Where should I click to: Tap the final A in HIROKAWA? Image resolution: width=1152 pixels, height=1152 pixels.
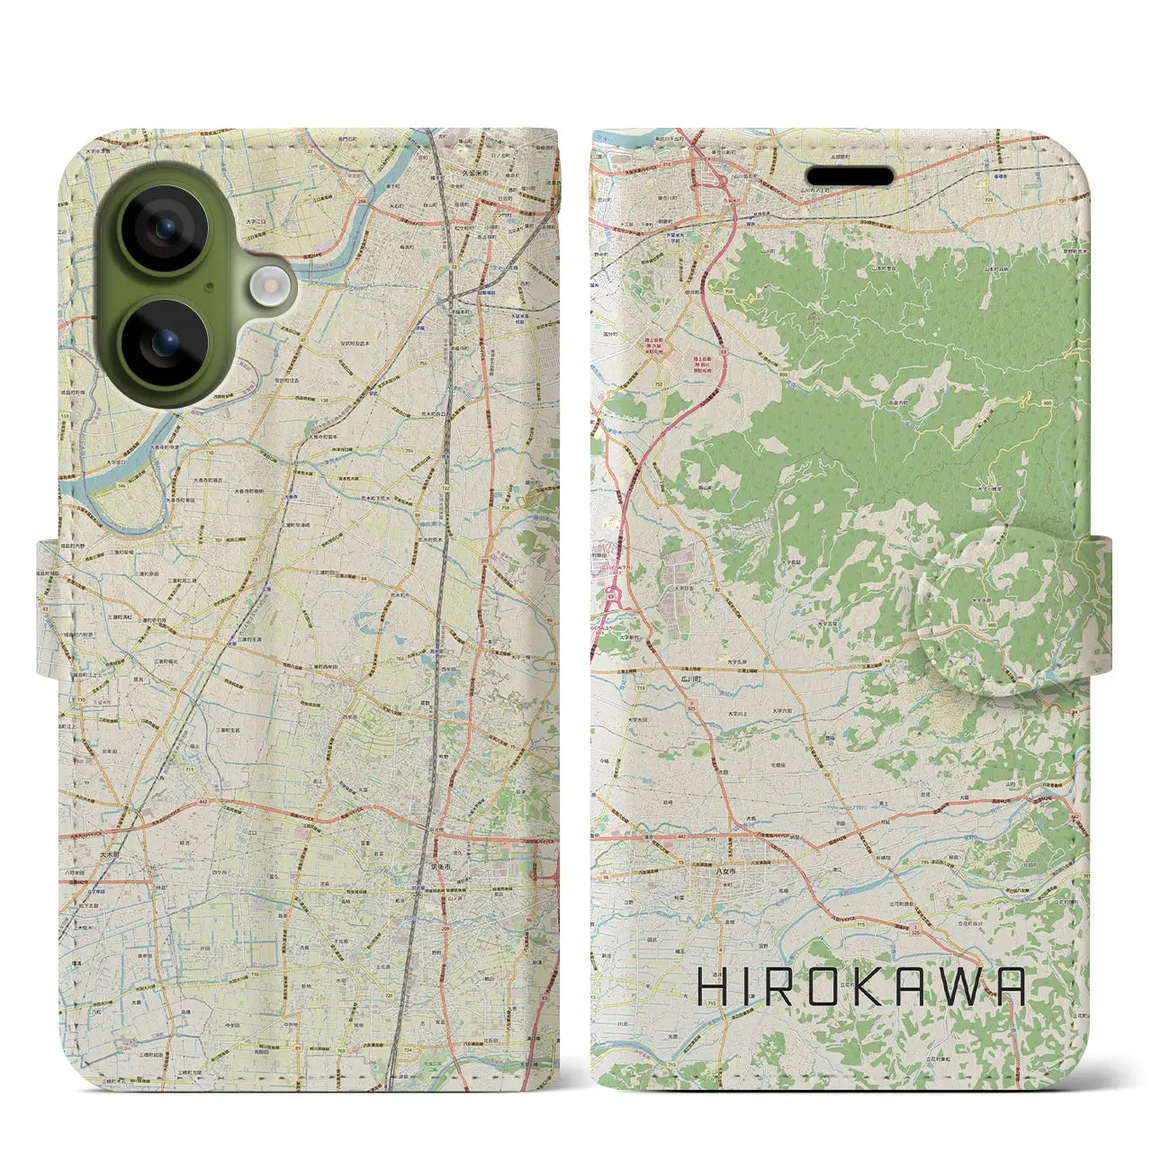(x=1011, y=987)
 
